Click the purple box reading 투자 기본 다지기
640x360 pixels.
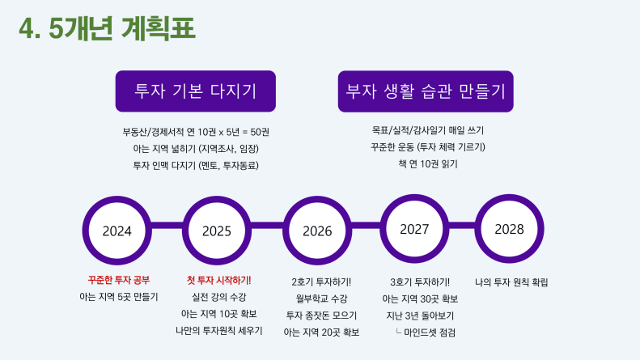pos(196,91)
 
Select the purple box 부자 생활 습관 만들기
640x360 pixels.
pos(426,91)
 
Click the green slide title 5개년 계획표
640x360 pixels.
pos(108,28)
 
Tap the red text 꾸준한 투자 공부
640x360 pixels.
pos(119,280)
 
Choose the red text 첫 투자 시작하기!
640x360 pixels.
pos(218,281)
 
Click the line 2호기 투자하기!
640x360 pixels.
pos(321,282)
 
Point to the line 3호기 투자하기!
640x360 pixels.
pos(420,282)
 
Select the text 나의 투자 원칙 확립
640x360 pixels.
pos(511,282)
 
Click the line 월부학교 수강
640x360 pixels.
pos(321,299)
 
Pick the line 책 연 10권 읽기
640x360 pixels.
pos(428,164)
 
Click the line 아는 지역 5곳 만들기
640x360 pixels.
pos(119,297)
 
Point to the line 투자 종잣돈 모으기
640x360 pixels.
pos(321,316)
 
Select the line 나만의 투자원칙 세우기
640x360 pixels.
pos(218,331)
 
